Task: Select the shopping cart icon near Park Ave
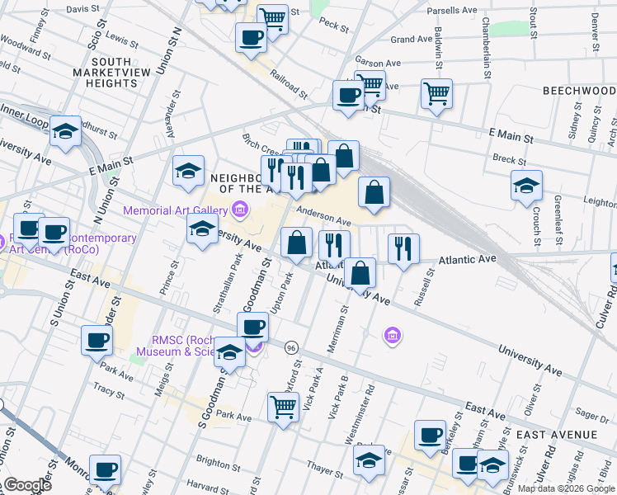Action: [283, 406]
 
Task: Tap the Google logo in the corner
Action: [27, 485]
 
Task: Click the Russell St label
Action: [427, 282]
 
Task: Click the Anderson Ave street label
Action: [324, 216]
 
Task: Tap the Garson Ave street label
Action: [377, 62]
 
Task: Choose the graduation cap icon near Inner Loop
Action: [65, 130]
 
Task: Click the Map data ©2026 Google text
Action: [565, 488]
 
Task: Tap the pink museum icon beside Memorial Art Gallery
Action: [240, 210]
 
